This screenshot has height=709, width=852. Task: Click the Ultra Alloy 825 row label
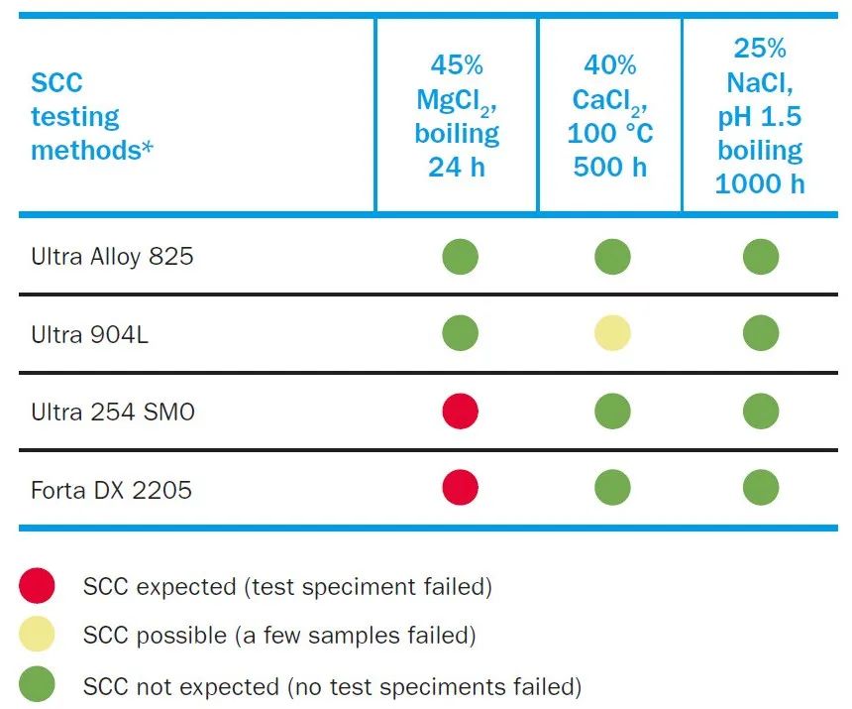tap(112, 257)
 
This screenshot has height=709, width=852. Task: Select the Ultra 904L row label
tap(90, 334)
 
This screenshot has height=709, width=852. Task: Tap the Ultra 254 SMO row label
tap(113, 412)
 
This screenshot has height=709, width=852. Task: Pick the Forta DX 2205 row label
tap(111, 489)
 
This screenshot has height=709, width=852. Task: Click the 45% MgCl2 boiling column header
tap(457, 116)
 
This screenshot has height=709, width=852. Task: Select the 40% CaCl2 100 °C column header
tap(610, 116)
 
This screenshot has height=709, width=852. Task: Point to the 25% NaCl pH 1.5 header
tap(760, 116)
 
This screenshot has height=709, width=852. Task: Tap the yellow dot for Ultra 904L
tap(612, 333)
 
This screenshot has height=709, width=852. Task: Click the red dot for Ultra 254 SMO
tap(460, 411)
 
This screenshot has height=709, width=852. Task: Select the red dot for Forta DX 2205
tap(460, 488)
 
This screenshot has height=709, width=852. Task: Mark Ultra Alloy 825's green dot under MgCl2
tap(460, 257)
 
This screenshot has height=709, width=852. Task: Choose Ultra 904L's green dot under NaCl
tap(761, 333)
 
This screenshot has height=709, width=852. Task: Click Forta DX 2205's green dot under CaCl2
tap(612, 488)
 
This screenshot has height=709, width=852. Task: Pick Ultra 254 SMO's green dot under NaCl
tap(761, 411)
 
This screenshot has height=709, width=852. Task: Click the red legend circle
tap(37, 587)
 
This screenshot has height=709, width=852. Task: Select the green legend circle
tap(37, 684)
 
